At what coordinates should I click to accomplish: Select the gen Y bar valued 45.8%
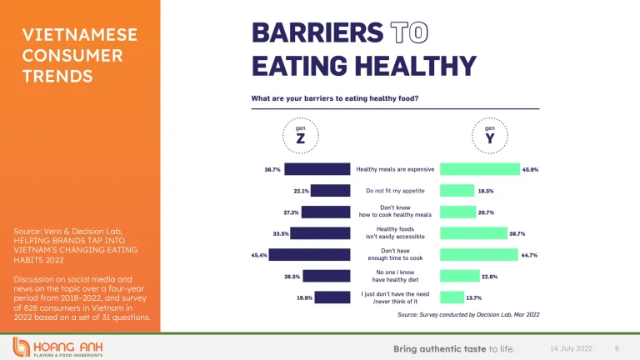[479, 169]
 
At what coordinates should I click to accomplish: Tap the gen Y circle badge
[488, 136]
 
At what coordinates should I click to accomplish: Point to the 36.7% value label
[272, 169]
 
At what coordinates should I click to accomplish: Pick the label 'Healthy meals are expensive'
[395, 169]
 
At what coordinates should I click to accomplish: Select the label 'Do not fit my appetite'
[395, 191]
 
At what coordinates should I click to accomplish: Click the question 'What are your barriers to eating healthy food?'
[335, 98]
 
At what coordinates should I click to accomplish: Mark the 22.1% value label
[301, 191]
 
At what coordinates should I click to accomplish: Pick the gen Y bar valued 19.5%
[457, 191]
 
